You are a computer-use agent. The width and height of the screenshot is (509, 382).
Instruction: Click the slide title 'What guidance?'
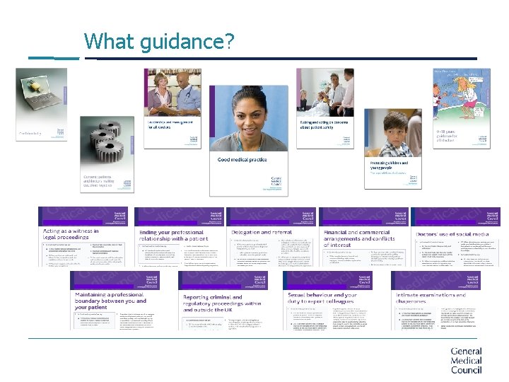tap(158, 42)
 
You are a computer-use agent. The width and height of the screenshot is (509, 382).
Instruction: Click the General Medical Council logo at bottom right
tap(466, 360)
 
